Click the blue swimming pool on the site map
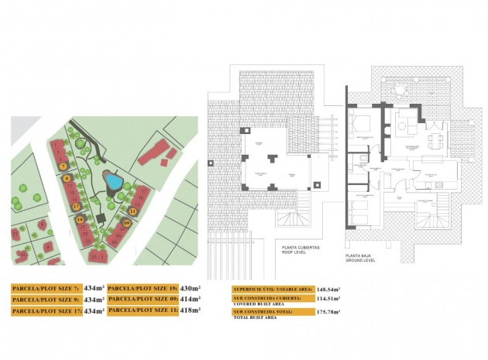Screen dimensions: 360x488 pyautogui.click(x=113, y=182)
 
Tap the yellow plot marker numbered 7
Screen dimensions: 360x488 pyautogui.click(x=63, y=166)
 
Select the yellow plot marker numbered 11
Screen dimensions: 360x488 pyautogui.click(x=132, y=211)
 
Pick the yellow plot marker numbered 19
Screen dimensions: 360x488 pyautogui.click(x=80, y=221)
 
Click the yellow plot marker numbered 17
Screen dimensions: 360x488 pyautogui.click(x=75, y=207)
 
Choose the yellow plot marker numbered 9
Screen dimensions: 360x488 pyautogui.click(x=67, y=179)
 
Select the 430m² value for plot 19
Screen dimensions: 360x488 pyautogui.click(x=189, y=287)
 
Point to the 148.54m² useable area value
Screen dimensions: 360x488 pyautogui.click(x=328, y=290)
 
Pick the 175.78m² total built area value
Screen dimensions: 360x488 pyautogui.click(x=328, y=312)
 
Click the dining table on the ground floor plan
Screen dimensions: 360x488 pyautogui.click(x=435, y=140)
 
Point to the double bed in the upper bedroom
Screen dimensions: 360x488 pyautogui.click(x=361, y=125)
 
